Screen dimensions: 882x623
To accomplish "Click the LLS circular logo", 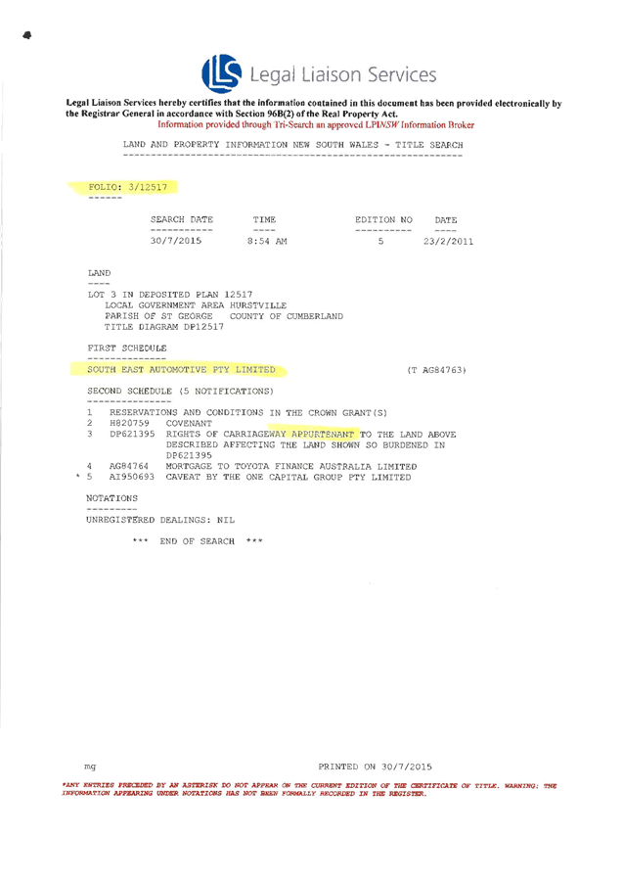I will (220, 72).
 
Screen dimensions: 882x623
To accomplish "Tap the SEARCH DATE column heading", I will (180, 220).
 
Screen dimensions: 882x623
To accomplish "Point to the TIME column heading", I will (264, 220).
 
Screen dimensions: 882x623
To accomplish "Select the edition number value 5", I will (380, 241).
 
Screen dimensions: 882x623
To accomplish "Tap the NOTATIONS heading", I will (112, 498).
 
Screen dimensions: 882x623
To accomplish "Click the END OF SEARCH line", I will (199, 540).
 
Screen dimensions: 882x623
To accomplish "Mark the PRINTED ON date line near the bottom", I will (375, 766).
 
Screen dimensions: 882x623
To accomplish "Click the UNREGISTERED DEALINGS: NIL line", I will (160, 520).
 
